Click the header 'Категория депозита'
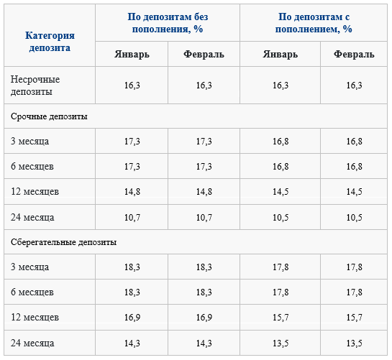pos(50,42)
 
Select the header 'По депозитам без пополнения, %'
pos(168,23)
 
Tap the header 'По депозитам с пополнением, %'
pos(314,23)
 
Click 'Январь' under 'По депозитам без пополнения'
pos(132,54)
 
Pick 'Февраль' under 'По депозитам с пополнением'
pos(354,54)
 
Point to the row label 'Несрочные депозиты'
pos(35,86)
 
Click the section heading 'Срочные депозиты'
pos(49,116)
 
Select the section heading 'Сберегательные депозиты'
pos(63,242)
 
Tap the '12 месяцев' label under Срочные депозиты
pos(35,192)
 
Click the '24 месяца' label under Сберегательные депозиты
pos(32,343)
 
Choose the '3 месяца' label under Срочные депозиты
pos(29,141)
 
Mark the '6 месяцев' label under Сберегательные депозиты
pos(32,292)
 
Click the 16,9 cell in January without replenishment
pos(132,318)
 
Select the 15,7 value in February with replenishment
pos(354,318)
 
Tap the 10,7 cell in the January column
pos(132,217)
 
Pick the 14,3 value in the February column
pos(204,343)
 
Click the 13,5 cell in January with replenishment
pos(281,343)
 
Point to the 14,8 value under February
pos(204,192)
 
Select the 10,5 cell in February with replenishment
pos(354,217)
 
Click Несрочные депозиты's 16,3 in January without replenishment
pos(132,86)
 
